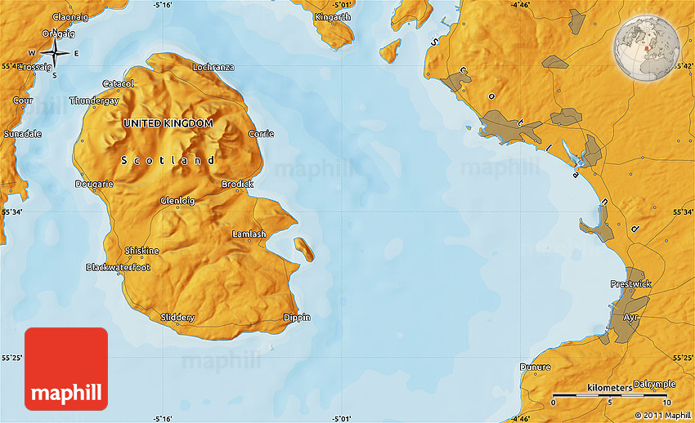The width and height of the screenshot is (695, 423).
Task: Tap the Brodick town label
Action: [237, 185]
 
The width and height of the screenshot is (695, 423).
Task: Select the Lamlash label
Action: [249, 234]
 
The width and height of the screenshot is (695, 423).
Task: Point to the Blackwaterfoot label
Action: [119, 267]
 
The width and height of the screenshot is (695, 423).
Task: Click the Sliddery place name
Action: [177, 317]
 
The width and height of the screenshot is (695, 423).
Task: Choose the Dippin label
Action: [297, 317]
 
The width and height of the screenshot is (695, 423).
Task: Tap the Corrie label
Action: [261, 134]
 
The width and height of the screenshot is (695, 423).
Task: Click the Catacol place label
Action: [119, 83]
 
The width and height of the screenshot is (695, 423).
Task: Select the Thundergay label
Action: [94, 100]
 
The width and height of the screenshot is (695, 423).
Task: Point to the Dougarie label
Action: [94, 185]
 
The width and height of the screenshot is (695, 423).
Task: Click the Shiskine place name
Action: [141, 251]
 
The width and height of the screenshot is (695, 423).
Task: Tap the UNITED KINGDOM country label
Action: [168, 122]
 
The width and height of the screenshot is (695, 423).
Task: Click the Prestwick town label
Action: [630, 283]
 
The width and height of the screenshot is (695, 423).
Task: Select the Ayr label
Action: [630, 317]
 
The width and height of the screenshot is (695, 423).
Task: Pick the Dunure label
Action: [536, 367]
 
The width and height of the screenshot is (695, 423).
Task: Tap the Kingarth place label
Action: [332, 16]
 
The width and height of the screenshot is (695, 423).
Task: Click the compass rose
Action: [55, 53]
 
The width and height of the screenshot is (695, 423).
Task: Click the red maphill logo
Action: [66, 369]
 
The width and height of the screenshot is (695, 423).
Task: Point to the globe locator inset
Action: [645, 47]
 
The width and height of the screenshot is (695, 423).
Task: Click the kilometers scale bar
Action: [609, 394]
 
